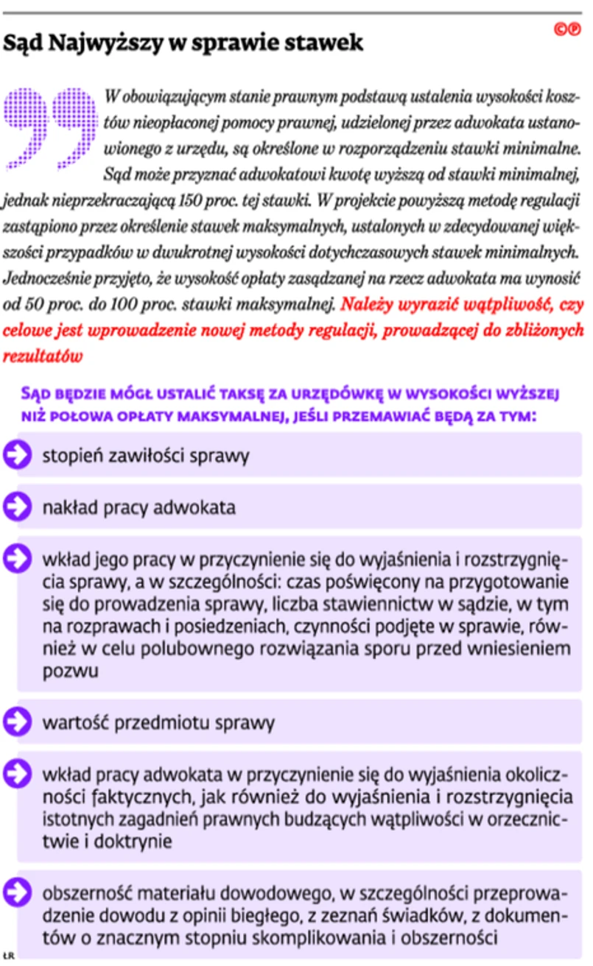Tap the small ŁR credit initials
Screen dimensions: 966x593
click(8, 954)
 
